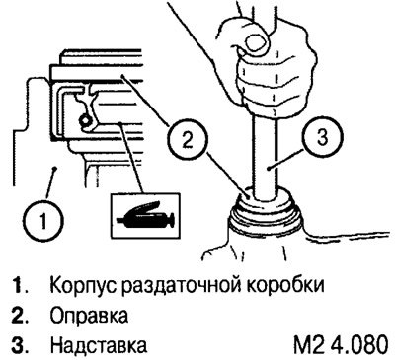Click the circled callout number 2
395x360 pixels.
pos(187,141)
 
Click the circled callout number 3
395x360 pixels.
pos(323,137)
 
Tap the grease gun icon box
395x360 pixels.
pos(146,216)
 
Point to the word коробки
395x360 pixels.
pos(284,285)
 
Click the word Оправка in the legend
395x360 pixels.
pos(89,316)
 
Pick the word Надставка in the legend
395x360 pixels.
pos(99,345)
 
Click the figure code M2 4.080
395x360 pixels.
pos(341,345)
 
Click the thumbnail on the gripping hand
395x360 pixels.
pos(257,41)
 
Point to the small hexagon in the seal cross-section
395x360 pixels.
pos(85,121)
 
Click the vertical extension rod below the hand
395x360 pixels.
pos(265,158)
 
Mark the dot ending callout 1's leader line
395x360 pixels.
pos(56,169)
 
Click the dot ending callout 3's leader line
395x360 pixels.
pos(270,169)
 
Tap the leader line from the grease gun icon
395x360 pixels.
pos(132,158)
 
